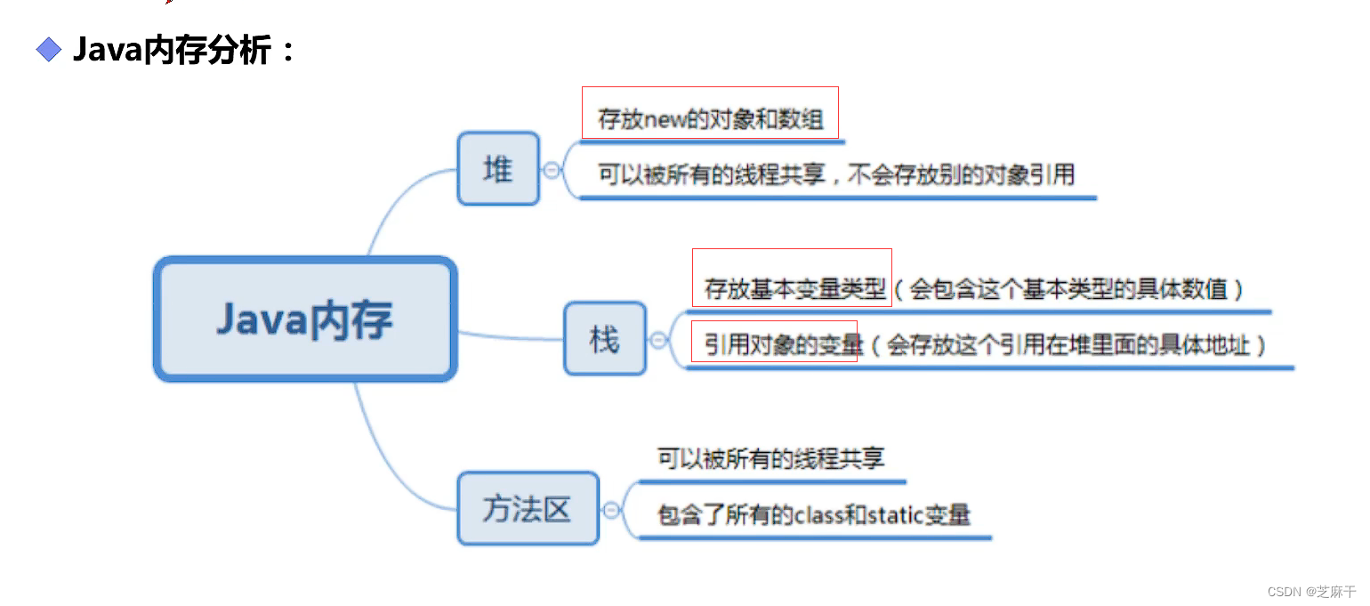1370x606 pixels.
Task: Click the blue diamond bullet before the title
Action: click(x=49, y=50)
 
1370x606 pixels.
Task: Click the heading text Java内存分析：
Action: click(x=183, y=50)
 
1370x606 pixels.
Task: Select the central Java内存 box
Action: click(x=305, y=319)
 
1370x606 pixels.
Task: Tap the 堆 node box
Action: click(x=498, y=168)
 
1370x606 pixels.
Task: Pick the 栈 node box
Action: click(x=604, y=338)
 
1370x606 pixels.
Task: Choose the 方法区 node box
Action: click(x=528, y=509)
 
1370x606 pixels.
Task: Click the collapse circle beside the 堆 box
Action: click(x=552, y=169)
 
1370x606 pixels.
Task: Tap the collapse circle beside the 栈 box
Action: click(x=658, y=339)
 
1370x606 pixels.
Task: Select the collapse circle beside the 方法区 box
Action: click(x=611, y=510)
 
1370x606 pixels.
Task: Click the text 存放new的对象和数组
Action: click(x=710, y=119)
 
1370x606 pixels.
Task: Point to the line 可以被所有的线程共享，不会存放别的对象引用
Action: click(x=836, y=174)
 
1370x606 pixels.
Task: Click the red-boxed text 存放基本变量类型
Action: click(x=794, y=288)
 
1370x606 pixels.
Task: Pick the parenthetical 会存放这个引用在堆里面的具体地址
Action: click(x=1068, y=344)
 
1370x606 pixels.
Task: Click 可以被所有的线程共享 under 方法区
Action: click(x=770, y=458)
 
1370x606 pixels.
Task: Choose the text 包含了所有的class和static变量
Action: click(x=813, y=514)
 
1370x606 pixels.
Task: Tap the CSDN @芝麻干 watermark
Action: click(x=1311, y=591)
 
